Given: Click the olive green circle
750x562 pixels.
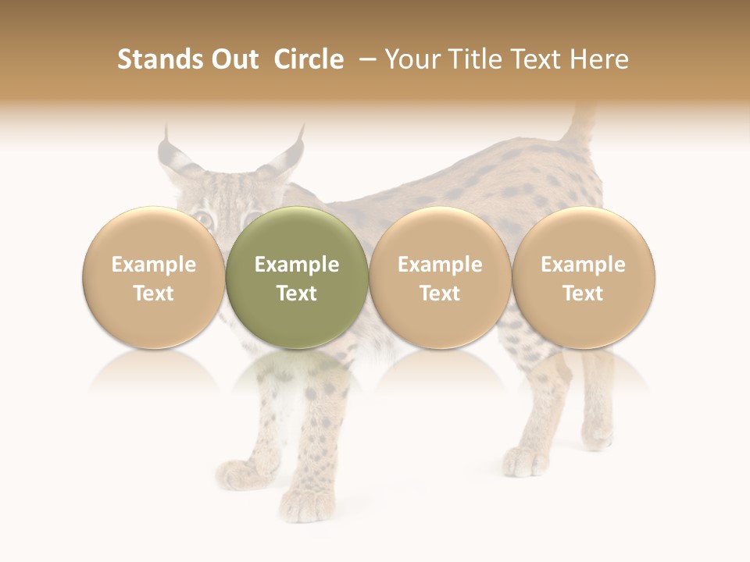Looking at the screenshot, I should [297, 277].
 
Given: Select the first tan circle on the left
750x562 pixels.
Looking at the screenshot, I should [154, 277].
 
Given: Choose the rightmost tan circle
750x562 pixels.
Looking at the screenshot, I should [584, 277].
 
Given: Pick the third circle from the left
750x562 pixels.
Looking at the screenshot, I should [440, 277].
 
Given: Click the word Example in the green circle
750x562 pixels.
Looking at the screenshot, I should [297, 265].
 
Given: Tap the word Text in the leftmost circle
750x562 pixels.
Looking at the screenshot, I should [154, 293].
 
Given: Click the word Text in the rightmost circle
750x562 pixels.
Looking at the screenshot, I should [584, 293].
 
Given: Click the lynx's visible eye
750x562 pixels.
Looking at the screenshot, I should [202, 219].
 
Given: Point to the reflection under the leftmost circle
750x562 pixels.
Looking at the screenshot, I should [154, 375].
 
